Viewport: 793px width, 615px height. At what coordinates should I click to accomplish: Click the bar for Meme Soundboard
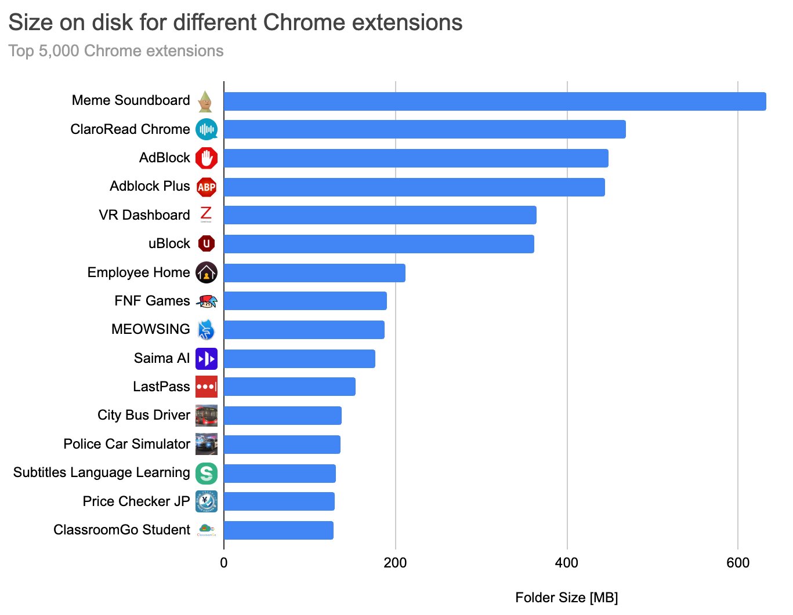point(494,101)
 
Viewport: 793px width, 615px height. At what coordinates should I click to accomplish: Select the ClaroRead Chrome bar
point(424,129)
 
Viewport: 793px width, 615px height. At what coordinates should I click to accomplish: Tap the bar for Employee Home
point(314,272)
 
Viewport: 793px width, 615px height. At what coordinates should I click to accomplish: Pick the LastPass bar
point(289,387)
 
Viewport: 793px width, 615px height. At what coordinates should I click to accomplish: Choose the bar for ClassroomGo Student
point(278,530)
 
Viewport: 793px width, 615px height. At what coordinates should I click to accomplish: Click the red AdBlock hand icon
point(206,158)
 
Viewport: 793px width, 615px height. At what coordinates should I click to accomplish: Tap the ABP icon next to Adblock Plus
point(206,187)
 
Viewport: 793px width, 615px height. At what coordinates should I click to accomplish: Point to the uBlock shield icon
point(206,243)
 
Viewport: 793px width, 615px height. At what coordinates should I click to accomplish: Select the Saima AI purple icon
point(206,359)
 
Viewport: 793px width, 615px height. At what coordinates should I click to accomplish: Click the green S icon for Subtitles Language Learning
point(206,473)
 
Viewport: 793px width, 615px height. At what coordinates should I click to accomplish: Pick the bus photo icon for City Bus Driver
point(206,416)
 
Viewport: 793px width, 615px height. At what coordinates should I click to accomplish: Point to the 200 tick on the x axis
point(395,563)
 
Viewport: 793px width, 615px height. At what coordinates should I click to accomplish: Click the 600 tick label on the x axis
point(737,563)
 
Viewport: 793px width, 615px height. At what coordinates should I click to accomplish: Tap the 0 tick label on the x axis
point(224,563)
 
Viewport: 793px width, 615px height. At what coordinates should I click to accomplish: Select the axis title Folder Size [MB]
point(566,598)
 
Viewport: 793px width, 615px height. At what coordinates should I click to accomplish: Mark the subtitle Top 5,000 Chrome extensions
point(116,51)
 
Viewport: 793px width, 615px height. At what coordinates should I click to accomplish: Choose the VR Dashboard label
point(144,215)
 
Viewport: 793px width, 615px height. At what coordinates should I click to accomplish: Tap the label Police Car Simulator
point(126,444)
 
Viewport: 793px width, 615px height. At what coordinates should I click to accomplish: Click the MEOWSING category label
point(150,329)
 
